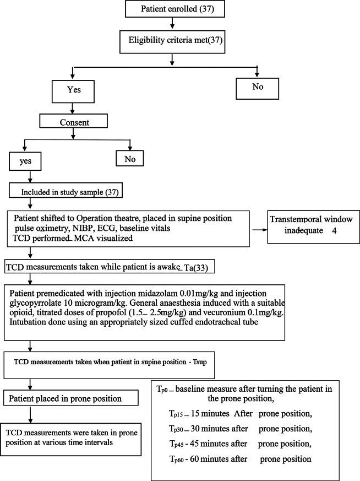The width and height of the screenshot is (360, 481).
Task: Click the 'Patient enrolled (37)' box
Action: tap(175, 8)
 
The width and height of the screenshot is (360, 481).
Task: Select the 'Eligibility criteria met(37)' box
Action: tap(172, 42)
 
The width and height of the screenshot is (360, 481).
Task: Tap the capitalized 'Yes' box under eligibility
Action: tap(73, 91)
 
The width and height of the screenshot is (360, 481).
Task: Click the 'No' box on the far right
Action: tap(258, 88)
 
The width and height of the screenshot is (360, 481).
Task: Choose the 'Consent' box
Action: tap(74, 121)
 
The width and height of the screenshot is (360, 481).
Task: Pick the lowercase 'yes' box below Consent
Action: tap(25, 161)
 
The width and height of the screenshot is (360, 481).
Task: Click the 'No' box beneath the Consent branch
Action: tap(130, 158)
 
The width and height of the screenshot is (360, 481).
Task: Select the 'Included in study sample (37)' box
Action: tap(66, 191)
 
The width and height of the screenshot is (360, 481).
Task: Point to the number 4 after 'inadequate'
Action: tap(334, 231)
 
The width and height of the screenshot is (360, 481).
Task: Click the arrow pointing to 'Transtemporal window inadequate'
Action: tap(259, 229)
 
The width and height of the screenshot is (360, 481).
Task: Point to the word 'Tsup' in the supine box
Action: tap(199, 362)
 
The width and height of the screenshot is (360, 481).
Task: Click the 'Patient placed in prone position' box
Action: tap(71, 398)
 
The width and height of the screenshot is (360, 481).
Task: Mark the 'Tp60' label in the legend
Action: tap(177, 459)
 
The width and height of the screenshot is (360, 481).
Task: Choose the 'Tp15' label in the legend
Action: tap(176, 414)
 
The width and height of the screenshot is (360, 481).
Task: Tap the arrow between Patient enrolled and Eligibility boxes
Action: tap(172, 23)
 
